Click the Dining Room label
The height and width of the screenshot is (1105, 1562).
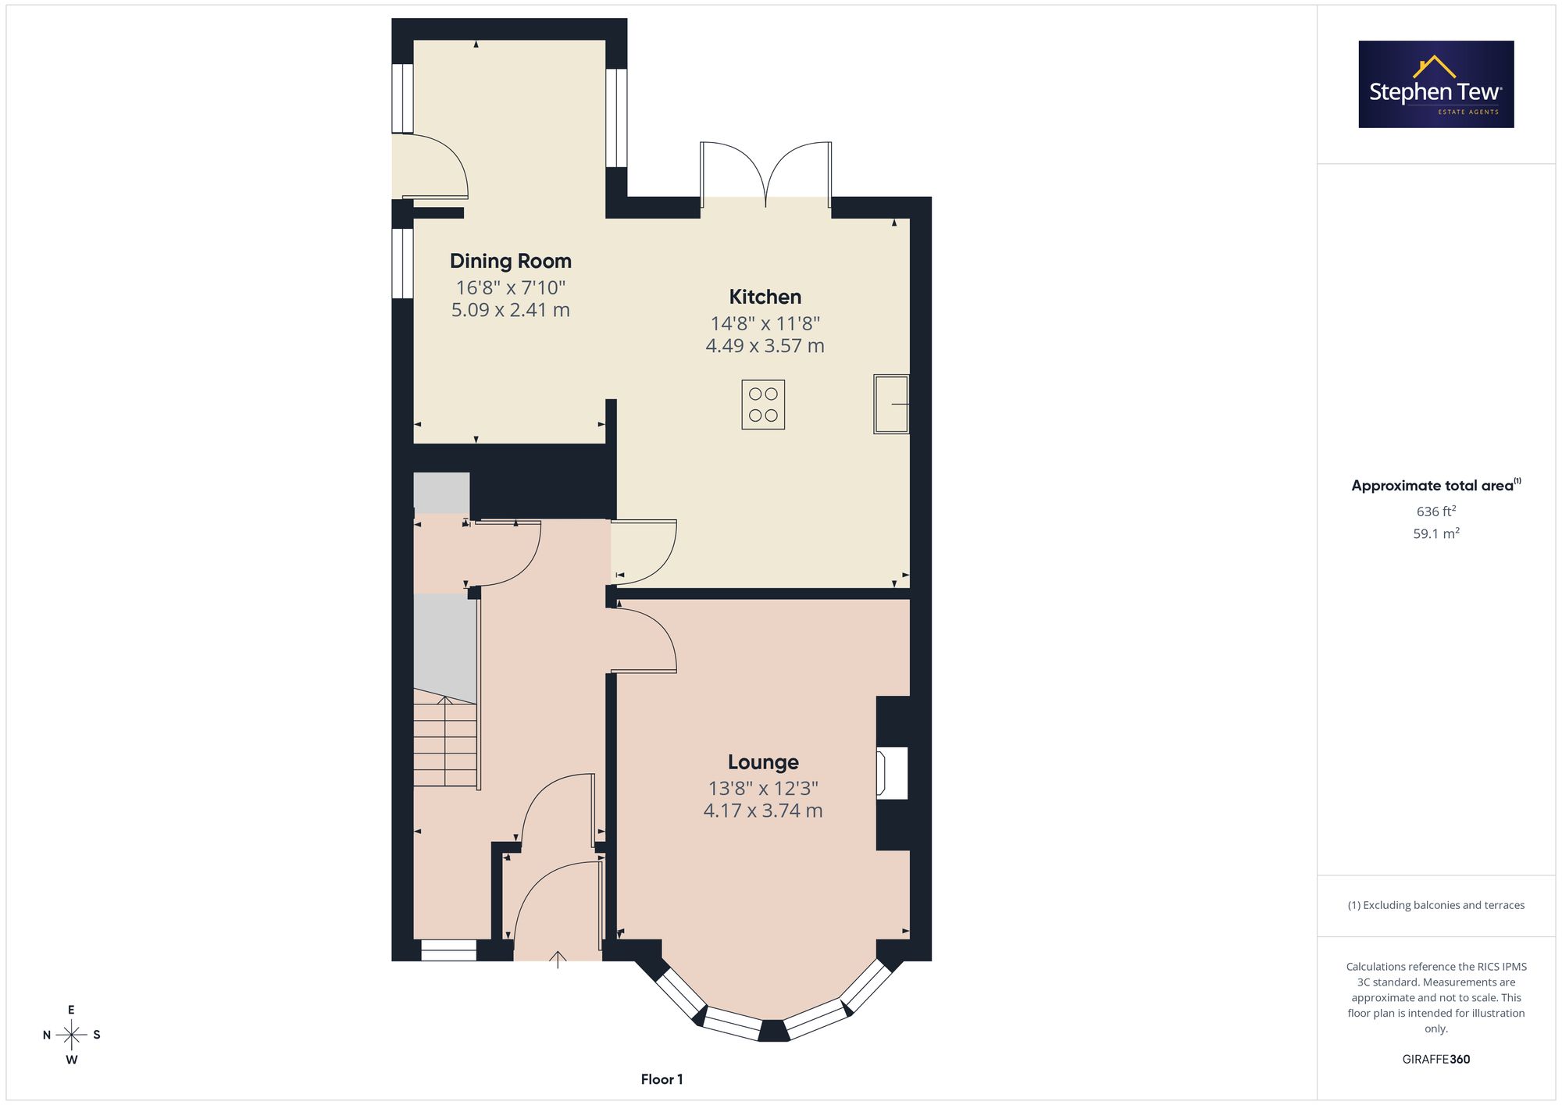pos(511,261)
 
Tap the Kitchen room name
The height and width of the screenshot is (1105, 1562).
pos(765,297)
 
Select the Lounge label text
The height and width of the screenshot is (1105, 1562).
pos(763,762)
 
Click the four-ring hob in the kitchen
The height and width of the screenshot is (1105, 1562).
pos(763,405)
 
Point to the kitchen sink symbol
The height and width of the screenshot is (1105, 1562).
pos(891,404)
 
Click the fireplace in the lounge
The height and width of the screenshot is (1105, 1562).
pos(892,773)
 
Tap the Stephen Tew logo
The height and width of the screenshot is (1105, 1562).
pos(1436,84)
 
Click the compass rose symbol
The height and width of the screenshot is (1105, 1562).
pos(72,1035)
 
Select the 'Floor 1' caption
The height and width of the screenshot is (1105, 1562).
pos(662,1079)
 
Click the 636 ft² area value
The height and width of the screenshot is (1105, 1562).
pos(1436,512)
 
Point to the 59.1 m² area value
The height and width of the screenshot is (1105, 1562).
pos(1436,534)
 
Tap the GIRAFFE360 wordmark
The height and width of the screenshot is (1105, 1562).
pos(1436,1060)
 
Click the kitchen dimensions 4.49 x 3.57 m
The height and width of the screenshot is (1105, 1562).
pos(765,346)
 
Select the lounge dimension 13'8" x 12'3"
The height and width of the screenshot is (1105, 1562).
pos(763,789)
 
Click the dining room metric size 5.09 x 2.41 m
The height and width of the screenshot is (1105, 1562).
pos(511,310)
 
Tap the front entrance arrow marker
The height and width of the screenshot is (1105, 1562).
pos(558,960)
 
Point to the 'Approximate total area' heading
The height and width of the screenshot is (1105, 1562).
pos(1436,485)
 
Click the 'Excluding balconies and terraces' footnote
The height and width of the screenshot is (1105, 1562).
pos(1436,905)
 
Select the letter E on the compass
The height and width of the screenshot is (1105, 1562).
pos(72,1010)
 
